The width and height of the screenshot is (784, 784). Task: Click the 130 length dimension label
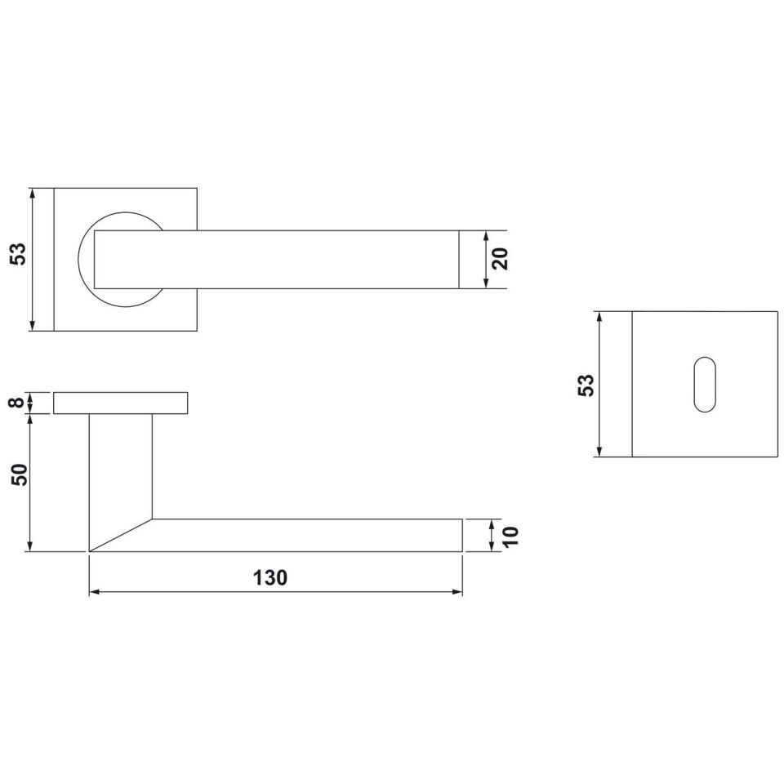coord(270,578)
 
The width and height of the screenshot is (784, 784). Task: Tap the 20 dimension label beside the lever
coord(500,259)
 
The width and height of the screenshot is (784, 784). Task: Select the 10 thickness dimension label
coord(511,536)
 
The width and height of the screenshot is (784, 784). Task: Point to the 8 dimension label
coord(17,402)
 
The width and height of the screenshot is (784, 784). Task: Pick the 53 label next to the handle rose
coord(18,254)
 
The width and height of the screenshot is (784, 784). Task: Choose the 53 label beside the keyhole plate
coord(586,385)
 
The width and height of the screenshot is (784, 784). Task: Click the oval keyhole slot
coord(705,385)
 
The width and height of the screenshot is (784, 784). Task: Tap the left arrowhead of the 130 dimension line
coord(94,592)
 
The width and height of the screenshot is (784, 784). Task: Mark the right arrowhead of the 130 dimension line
coord(457,592)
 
